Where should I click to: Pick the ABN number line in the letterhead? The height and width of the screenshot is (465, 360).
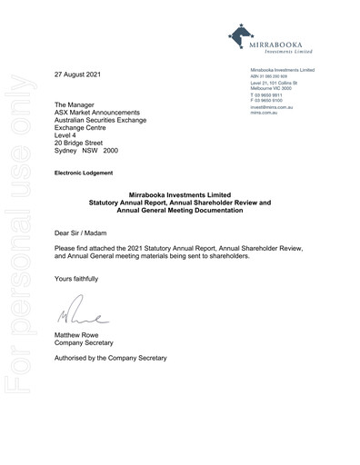(271, 76)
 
